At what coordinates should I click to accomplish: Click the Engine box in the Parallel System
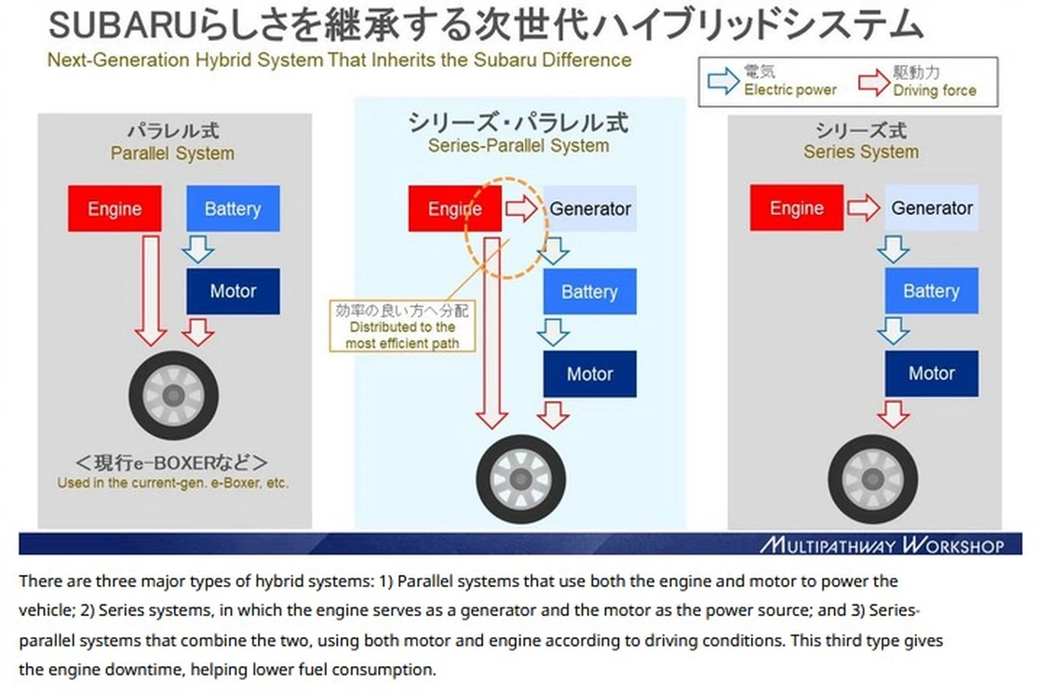(114, 208)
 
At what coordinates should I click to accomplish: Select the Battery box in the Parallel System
(233, 208)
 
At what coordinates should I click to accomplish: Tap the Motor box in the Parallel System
(233, 290)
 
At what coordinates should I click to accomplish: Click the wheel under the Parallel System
(173, 395)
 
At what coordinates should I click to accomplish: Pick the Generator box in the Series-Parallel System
(589, 208)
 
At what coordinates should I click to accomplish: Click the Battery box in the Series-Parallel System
(589, 292)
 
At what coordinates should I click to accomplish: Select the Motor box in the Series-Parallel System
(589, 374)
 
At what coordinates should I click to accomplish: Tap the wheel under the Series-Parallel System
(520, 478)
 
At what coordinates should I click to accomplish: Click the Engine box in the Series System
(796, 208)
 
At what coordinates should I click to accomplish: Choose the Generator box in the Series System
(931, 208)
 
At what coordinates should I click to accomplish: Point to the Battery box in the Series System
(931, 291)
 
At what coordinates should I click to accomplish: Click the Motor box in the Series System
(931, 374)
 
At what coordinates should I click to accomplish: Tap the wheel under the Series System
(872, 478)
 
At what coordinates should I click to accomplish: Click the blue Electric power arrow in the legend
(723, 82)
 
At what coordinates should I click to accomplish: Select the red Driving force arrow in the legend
(873, 82)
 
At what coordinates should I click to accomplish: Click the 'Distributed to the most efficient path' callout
(401, 327)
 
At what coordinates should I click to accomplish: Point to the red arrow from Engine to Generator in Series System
(863, 208)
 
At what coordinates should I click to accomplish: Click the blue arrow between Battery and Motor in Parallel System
(197, 249)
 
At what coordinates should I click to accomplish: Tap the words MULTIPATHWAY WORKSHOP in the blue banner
(882, 545)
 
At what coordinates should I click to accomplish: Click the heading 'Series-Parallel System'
(518, 146)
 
